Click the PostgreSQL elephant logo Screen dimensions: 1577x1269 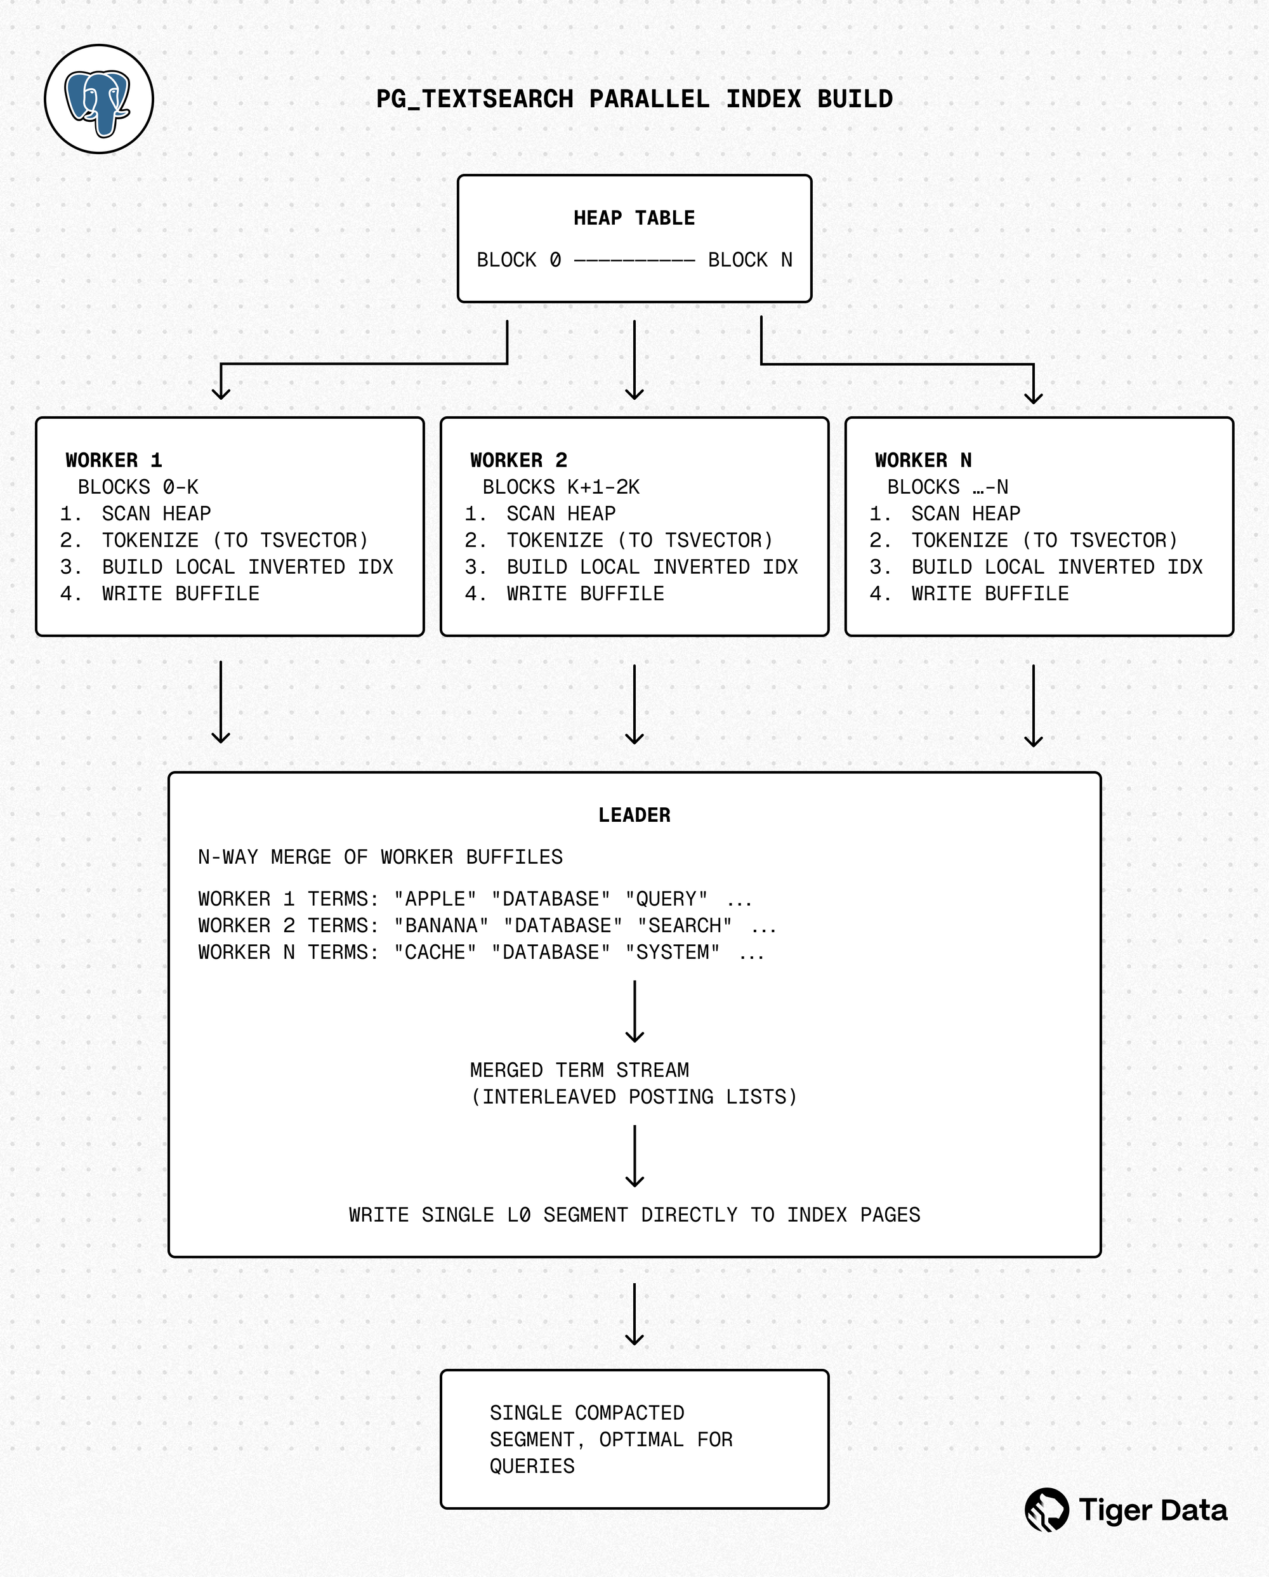tap(99, 100)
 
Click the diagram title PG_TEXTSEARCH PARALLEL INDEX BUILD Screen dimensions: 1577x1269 tap(633, 100)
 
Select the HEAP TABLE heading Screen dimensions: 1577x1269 tap(633, 218)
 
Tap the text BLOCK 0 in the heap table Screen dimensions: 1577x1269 tap(518, 260)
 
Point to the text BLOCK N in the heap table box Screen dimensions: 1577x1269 tap(750, 260)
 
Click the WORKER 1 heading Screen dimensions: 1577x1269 tap(114, 460)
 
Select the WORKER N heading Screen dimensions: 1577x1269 tap(923, 460)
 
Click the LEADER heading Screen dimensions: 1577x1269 tap(633, 815)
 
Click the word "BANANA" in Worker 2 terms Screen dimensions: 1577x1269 tap(441, 926)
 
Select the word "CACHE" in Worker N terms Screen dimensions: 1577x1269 tap(435, 953)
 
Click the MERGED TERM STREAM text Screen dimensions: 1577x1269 tap(579, 1070)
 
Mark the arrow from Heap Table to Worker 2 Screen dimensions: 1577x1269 tap(634, 360)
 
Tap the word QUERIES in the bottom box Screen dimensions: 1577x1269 tap(532, 1467)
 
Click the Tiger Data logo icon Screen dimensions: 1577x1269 tap(1047, 1510)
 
